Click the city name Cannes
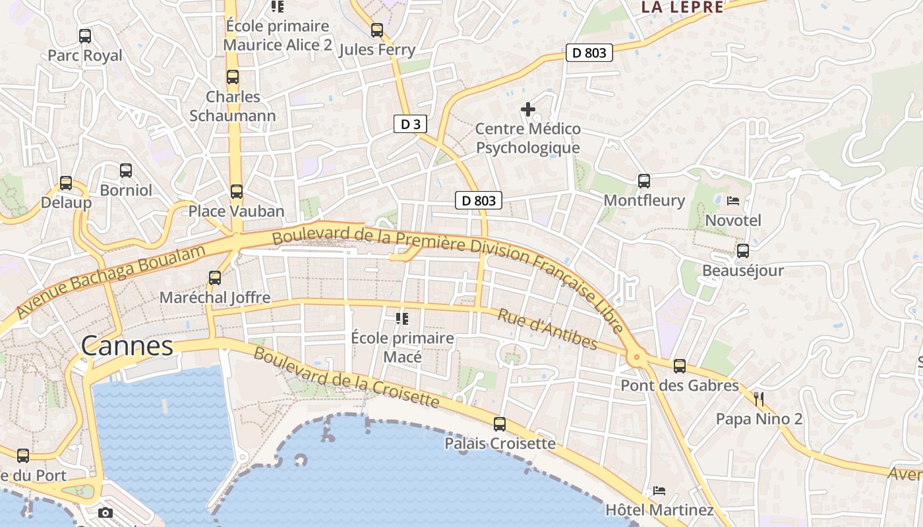click(x=127, y=346)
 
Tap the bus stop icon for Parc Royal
click(x=85, y=36)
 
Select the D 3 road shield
click(x=410, y=124)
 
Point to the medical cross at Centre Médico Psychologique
click(x=528, y=109)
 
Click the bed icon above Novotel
click(x=733, y=200)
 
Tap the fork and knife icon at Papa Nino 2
click(x=759, y=399)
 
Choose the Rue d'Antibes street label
click(x=548, y=329)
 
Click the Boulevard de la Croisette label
click(x=346, y=376)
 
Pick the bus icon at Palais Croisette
click(x=500, y=424)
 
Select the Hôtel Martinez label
click(x=659, y=510)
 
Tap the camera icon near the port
click(x=105, y=513)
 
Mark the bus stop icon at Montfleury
click(x=644, y=180)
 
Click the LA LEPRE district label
click(x=682, y=7)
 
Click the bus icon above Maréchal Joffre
click(x=215, y=278)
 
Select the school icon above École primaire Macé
click(x=402, y=319)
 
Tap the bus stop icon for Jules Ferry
click(x=377, y=30)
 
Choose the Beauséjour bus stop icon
click(x=743, y=251)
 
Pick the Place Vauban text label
click(x=236, y=211)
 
